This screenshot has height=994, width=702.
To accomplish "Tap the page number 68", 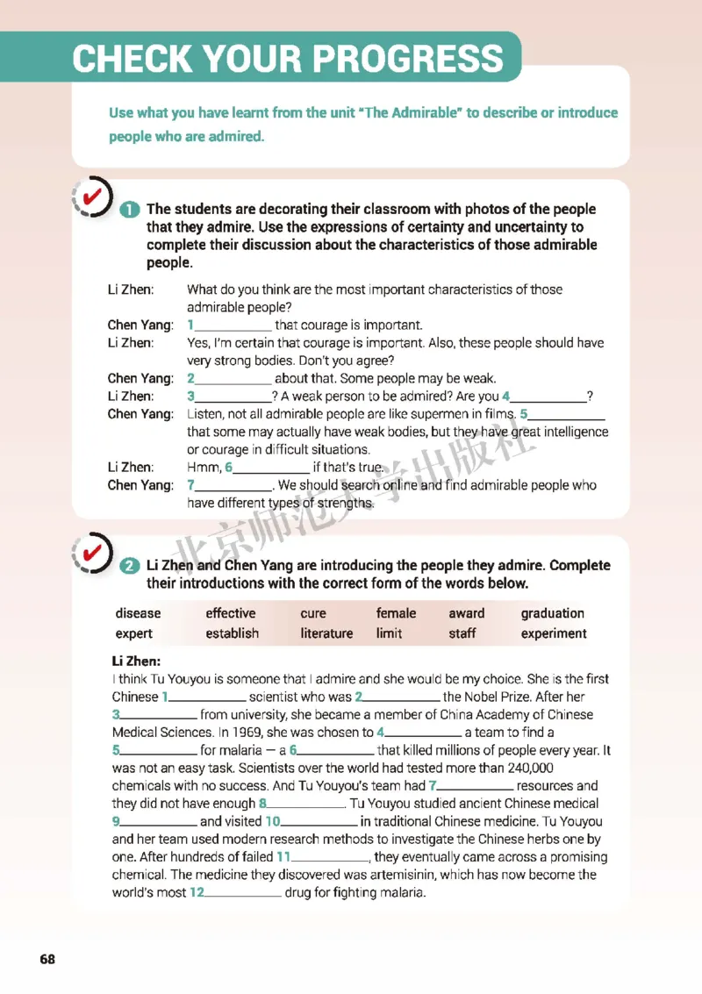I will tap(47, 959).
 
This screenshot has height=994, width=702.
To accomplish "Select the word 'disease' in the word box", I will tap(138, 613).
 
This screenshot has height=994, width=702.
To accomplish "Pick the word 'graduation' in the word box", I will tap(552, 613).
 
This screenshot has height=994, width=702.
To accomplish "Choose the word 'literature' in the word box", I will tap(326, 633).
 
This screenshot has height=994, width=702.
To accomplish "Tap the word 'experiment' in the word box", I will tap(554, 633).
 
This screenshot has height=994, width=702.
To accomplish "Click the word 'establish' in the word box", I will tap(232, 633).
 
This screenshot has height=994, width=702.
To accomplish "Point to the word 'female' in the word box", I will tap(396, 613).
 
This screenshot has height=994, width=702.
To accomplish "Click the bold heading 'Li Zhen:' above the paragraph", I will tap(136, 661).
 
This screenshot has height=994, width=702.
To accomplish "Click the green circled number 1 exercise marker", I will tap(128, 210).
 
